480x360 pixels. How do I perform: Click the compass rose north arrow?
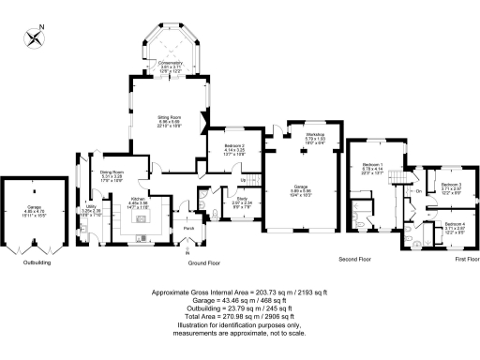click(x=37, y=37)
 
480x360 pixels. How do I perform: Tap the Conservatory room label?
click(x=170, y=63)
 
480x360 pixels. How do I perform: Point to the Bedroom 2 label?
click(x=234, y=145)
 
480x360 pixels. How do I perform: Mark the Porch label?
click(x=187, y=228)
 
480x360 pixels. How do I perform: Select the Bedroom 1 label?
click(x=372, y=164)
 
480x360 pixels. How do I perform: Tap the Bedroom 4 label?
click(x=454, y=224)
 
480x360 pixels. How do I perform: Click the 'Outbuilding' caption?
click(x=37, y=264)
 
